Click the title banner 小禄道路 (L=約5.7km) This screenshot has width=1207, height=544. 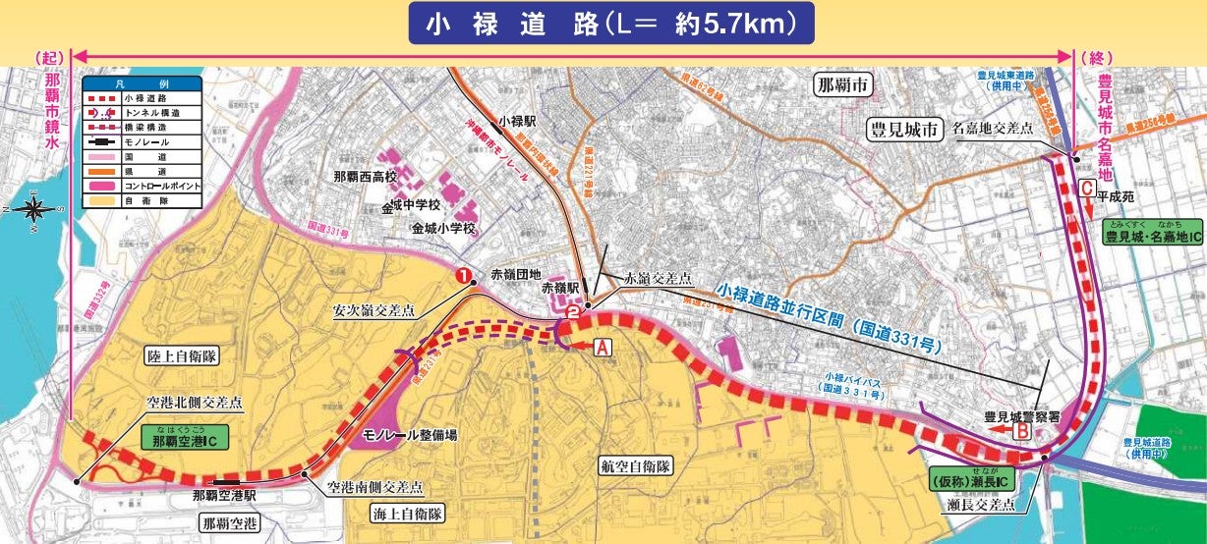610,24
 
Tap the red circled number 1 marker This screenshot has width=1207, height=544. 459,276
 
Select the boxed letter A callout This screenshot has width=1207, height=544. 603,346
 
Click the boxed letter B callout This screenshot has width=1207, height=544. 1021,430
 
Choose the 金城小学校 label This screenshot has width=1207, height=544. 444,228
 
